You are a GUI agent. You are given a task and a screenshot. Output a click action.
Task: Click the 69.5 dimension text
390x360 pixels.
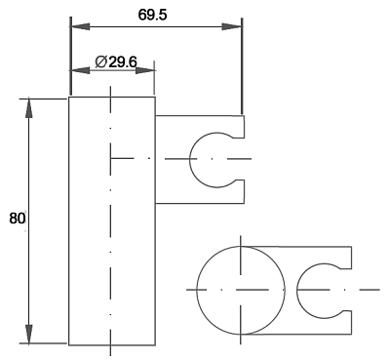click(152, 15)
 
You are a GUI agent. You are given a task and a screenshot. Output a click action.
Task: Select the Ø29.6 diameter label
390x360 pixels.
click(116, 61)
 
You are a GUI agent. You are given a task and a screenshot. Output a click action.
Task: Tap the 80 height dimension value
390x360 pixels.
click(17, 219)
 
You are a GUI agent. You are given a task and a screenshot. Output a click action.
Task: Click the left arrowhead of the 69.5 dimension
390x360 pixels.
click(80, 26)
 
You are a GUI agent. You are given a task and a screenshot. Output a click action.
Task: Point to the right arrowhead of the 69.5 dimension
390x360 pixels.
click(231, 26)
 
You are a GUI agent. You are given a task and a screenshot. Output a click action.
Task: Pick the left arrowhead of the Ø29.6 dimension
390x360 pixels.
click(80, 70)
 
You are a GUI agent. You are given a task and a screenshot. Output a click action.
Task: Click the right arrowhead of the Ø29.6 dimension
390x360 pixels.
click(145, 70)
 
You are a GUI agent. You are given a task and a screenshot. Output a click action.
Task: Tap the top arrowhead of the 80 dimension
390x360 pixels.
click(29, 108)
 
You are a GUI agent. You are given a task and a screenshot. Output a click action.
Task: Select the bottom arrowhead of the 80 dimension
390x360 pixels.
click(29, 334)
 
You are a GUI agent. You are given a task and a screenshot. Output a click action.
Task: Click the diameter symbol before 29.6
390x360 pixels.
click(101, 61)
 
